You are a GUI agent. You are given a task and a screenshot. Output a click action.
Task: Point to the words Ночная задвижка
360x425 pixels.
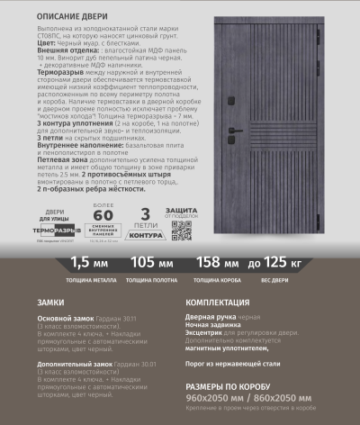tap(214, 328)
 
